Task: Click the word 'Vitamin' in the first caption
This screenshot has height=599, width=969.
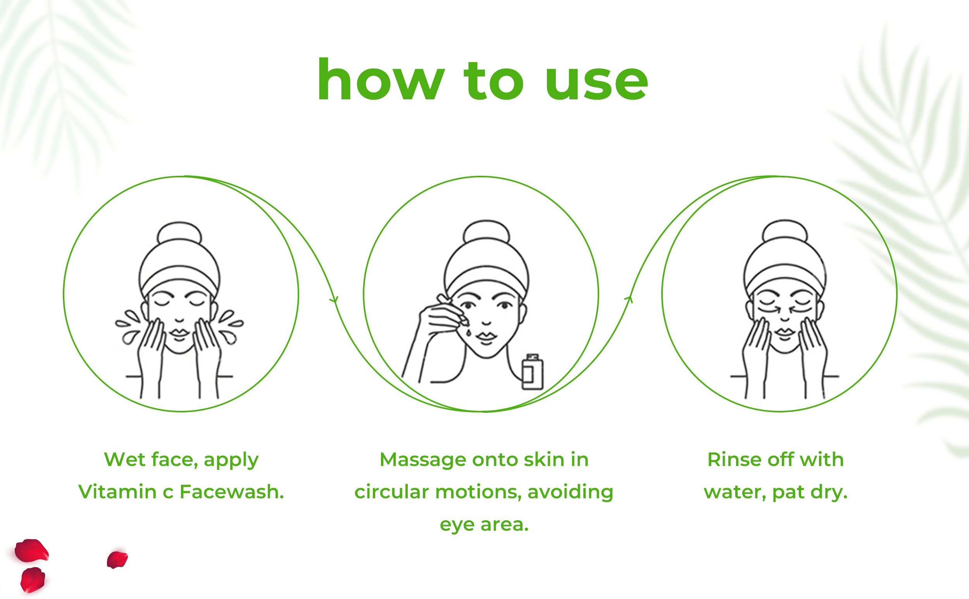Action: click(117, 492)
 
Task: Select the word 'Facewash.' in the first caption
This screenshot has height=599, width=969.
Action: click(231, 492)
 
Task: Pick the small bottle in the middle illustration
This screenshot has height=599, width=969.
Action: click(533, 372)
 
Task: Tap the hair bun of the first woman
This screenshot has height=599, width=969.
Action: click(179, 232)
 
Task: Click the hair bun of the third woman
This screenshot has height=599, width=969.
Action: click(785, 230)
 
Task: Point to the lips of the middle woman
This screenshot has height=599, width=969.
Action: click(486, 337)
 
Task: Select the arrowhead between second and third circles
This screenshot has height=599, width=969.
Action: click(629, 299)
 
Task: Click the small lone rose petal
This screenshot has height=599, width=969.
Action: click(117, 559)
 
